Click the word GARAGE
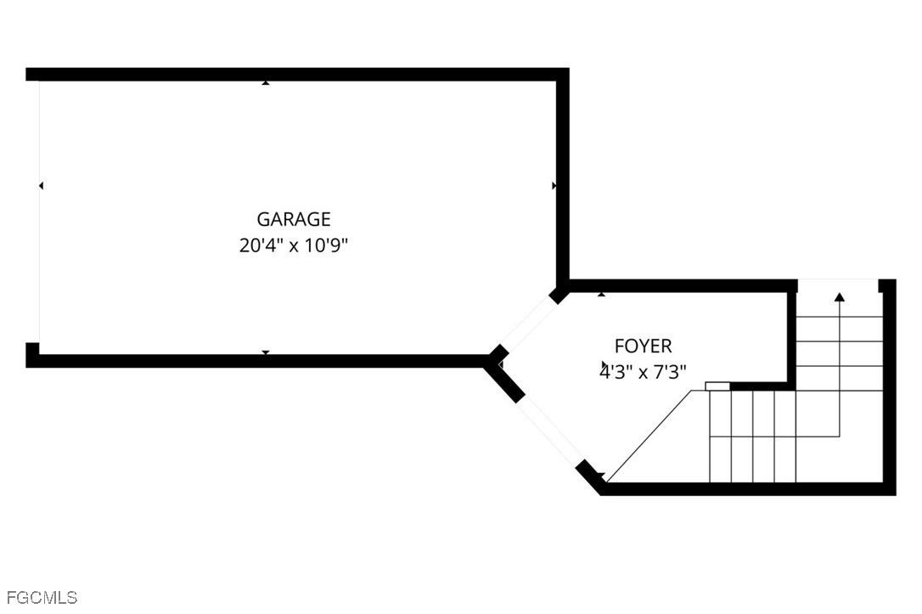[x=294, y=219]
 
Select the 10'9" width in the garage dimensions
[x=326, y=245]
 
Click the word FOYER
[x=643, y=346]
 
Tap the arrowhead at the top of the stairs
[x=839, y=297]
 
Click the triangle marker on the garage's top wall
[x=266, y=83]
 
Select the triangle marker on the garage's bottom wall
[x=266, y=353]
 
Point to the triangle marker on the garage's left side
[x=41, y=186]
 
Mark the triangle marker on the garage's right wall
[x=554, y=186]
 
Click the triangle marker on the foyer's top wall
[x=601, y=294]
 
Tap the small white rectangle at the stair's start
[x=717, y=386]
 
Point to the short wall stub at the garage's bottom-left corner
[x=32, y=355]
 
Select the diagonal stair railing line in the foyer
[x=649, y=436]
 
